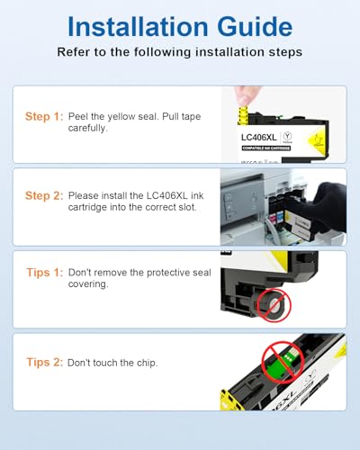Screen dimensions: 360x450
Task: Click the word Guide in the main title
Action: point(255,27)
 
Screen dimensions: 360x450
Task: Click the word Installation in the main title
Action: point(138,27)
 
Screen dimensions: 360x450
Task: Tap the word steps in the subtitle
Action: point(285,52)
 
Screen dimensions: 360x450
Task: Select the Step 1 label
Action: point(44,116)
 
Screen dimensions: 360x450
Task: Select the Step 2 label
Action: point(44,195)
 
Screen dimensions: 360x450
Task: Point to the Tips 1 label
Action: point(45,273)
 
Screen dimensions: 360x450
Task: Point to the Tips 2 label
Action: point(45,362)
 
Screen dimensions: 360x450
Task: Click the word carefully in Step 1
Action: point(88,129)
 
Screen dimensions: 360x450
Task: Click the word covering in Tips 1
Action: point(88,284)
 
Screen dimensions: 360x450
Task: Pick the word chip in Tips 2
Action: point(147,363)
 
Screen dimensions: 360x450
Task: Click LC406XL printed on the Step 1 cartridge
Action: point(259,138)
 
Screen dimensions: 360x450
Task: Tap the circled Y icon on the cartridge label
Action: point(287,136)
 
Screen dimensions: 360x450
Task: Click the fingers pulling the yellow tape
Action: point(246,96)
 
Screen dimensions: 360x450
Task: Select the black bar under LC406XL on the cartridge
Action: point(266,148)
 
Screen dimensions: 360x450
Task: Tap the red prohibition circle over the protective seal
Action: point(273,305)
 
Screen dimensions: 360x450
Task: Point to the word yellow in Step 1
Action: point(122,117)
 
